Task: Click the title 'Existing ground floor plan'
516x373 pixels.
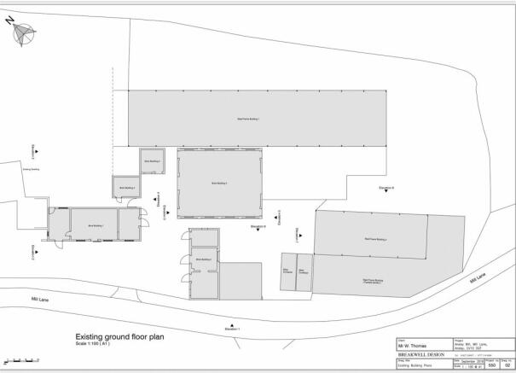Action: (119, 336)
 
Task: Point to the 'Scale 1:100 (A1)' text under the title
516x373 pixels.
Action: (94, 344)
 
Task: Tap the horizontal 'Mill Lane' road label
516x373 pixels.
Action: (28, 298)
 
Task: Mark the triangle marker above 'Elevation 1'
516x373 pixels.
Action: (232, 322)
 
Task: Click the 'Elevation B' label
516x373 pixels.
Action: (386, 187)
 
